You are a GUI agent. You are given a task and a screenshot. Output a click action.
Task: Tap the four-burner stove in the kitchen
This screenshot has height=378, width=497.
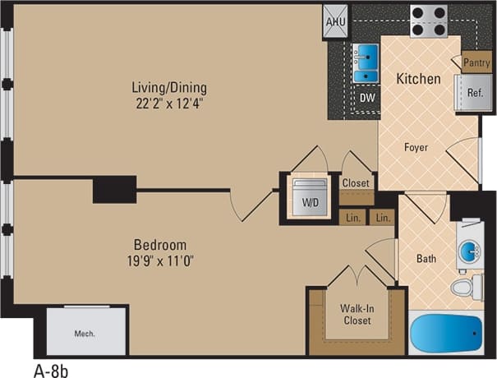[x=428, y=21]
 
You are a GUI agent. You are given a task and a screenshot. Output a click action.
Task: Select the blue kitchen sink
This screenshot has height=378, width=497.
[x=365, y=64]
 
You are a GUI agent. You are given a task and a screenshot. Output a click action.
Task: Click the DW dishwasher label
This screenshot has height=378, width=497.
[x=367, y=96]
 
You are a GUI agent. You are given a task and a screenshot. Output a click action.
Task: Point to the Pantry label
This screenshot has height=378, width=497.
[x=476, y=62]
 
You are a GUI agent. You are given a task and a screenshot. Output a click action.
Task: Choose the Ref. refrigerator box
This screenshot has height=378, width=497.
[x=475, y=92]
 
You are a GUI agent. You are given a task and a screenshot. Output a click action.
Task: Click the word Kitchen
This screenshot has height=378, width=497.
[x=419, y=79]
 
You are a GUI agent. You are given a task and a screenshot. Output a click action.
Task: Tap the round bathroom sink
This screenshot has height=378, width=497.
[x=470, y=249]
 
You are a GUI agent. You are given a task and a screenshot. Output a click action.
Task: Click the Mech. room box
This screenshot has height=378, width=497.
[x=85, y=334]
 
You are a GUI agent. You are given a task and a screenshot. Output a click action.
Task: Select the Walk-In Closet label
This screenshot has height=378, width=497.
[x=357, y=315]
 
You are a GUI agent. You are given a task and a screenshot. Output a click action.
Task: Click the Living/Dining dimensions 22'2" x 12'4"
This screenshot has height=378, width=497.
[x=171, y=102]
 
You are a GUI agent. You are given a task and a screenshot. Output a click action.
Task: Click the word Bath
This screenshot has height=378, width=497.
[x=426, y=259]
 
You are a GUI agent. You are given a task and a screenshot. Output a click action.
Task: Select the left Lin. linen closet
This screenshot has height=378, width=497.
[x=353, y=218]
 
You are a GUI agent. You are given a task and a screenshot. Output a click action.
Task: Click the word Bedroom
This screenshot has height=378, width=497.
[x=161, y=245]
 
